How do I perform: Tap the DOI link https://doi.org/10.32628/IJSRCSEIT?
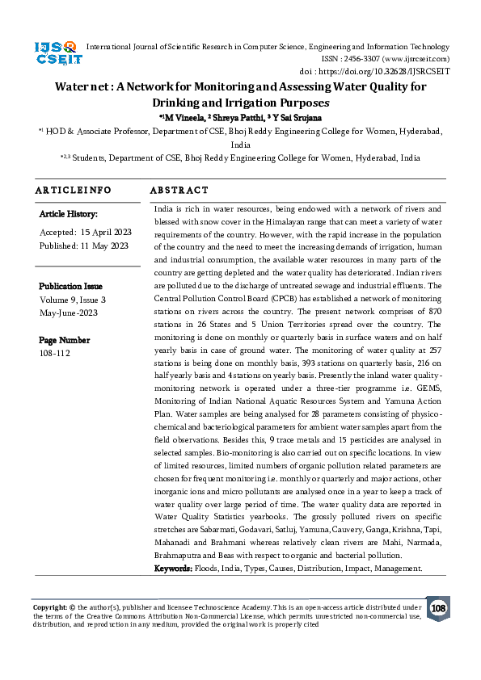(390, 71)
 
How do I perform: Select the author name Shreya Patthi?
(234, 118)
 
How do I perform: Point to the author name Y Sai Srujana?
(294, 118)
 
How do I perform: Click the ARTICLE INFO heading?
(73, 191)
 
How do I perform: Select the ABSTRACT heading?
(179, 191)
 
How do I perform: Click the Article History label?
(68, 214)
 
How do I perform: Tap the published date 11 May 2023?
(102, 246)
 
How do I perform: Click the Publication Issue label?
(70, 287)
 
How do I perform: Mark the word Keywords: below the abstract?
(173, 569)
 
